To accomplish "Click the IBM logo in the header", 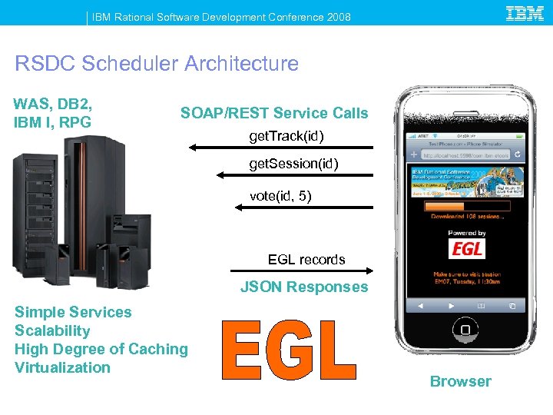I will pyautogui.click(x=525, y=13).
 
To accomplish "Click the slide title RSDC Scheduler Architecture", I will pyautogui.click(x=157, y=63).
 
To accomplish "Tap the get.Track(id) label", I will pyautogui.click(x=286, y=137).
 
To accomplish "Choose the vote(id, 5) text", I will pyautogui.click(x=280, y=197).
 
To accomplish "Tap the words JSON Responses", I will pyautogui.click(x=304, y=287).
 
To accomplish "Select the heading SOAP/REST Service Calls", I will pyautogui.click(x=274, y=114).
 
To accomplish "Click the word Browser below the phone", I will pyautogui.click(x=460, y=381).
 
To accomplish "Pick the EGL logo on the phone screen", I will pyautogui.click(x=467, y=249).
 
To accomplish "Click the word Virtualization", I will pyautogui.click(x=63, y=367).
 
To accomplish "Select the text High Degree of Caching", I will pyautogui.click(x=101, y=349).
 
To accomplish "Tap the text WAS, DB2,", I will pyautogui.click(x=52, y=104).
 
